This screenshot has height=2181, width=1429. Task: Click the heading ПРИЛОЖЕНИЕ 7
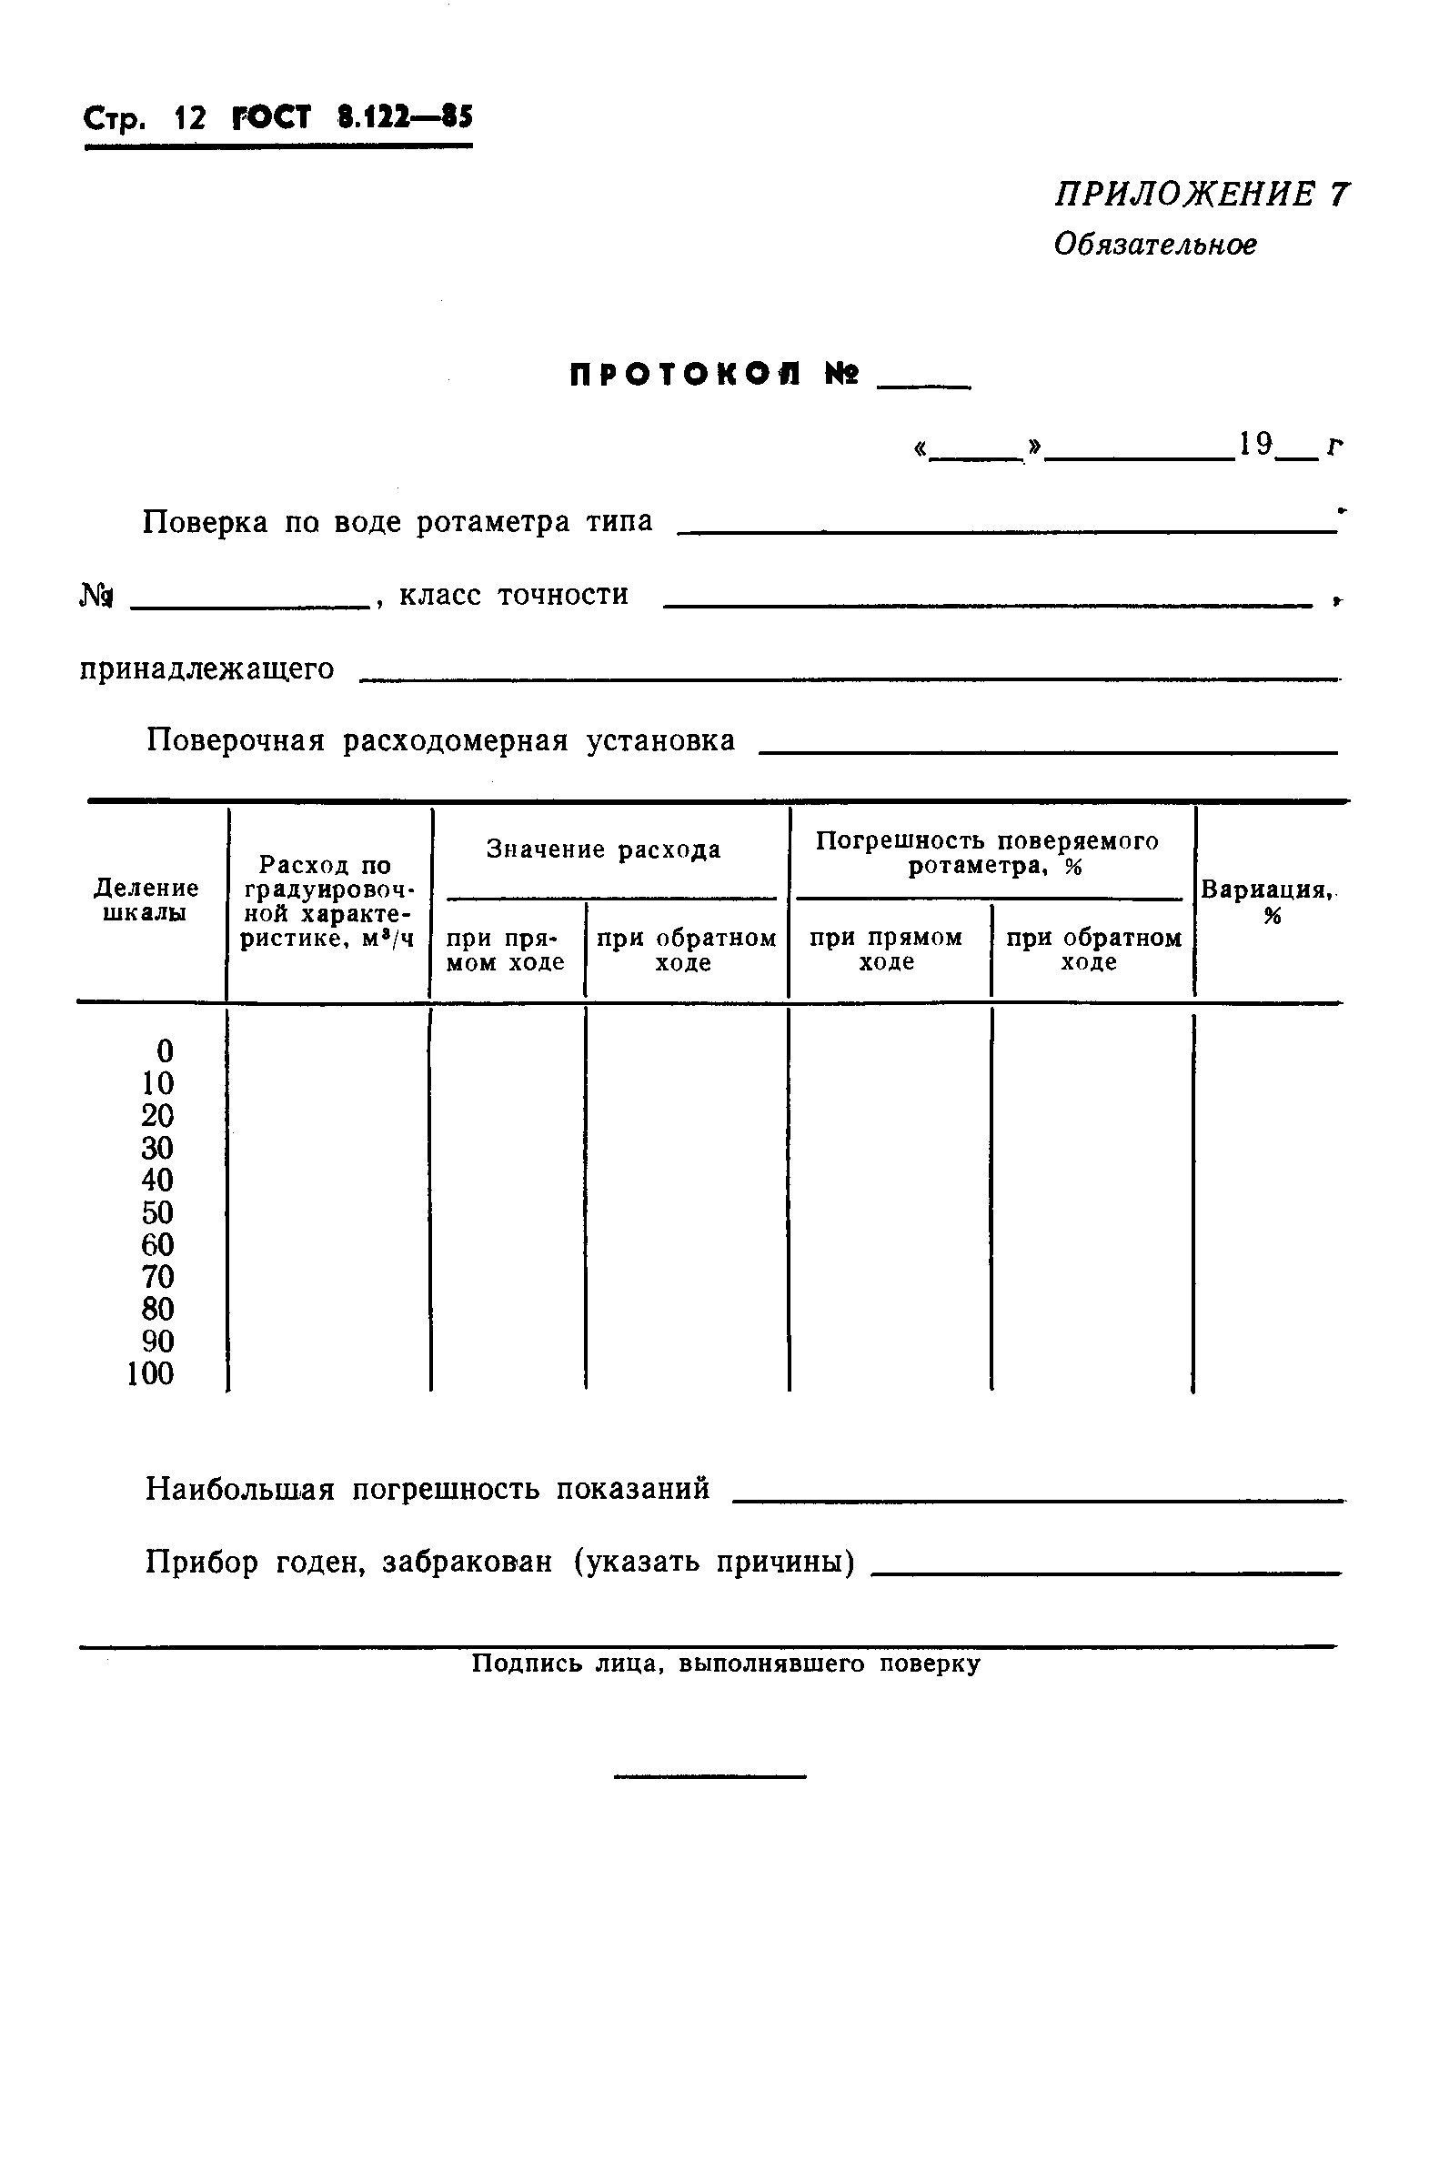[x=1201, y=196]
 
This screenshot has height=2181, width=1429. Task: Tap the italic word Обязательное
[x=1155, y=245]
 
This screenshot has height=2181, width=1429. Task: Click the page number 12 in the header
[x=190, y=118]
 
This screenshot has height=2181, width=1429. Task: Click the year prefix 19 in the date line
[x=1256, y=445]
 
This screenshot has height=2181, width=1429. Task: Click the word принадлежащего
[x=207, y=668]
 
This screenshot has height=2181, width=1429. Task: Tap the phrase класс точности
[x=514, y=595]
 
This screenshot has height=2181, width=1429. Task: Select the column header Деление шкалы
[x=146, y=900]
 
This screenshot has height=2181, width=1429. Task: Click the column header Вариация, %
[x=1268, y=901]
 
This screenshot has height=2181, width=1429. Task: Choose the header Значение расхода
[x=603, y=849]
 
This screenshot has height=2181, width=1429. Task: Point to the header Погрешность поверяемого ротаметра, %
[x=988, y=853]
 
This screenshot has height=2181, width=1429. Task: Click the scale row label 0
[x=165, y=1050]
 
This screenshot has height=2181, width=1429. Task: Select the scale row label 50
[x=157, y=1211]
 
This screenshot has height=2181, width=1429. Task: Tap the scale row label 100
[x=150, y=1372]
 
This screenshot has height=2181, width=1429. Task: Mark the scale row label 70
[x=157, y=1276]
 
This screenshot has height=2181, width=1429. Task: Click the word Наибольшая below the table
[x=240, y=1488]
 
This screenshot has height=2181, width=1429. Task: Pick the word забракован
[x=468, y=1562]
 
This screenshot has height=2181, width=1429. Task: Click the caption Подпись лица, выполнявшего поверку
[x=725, y=1663]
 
